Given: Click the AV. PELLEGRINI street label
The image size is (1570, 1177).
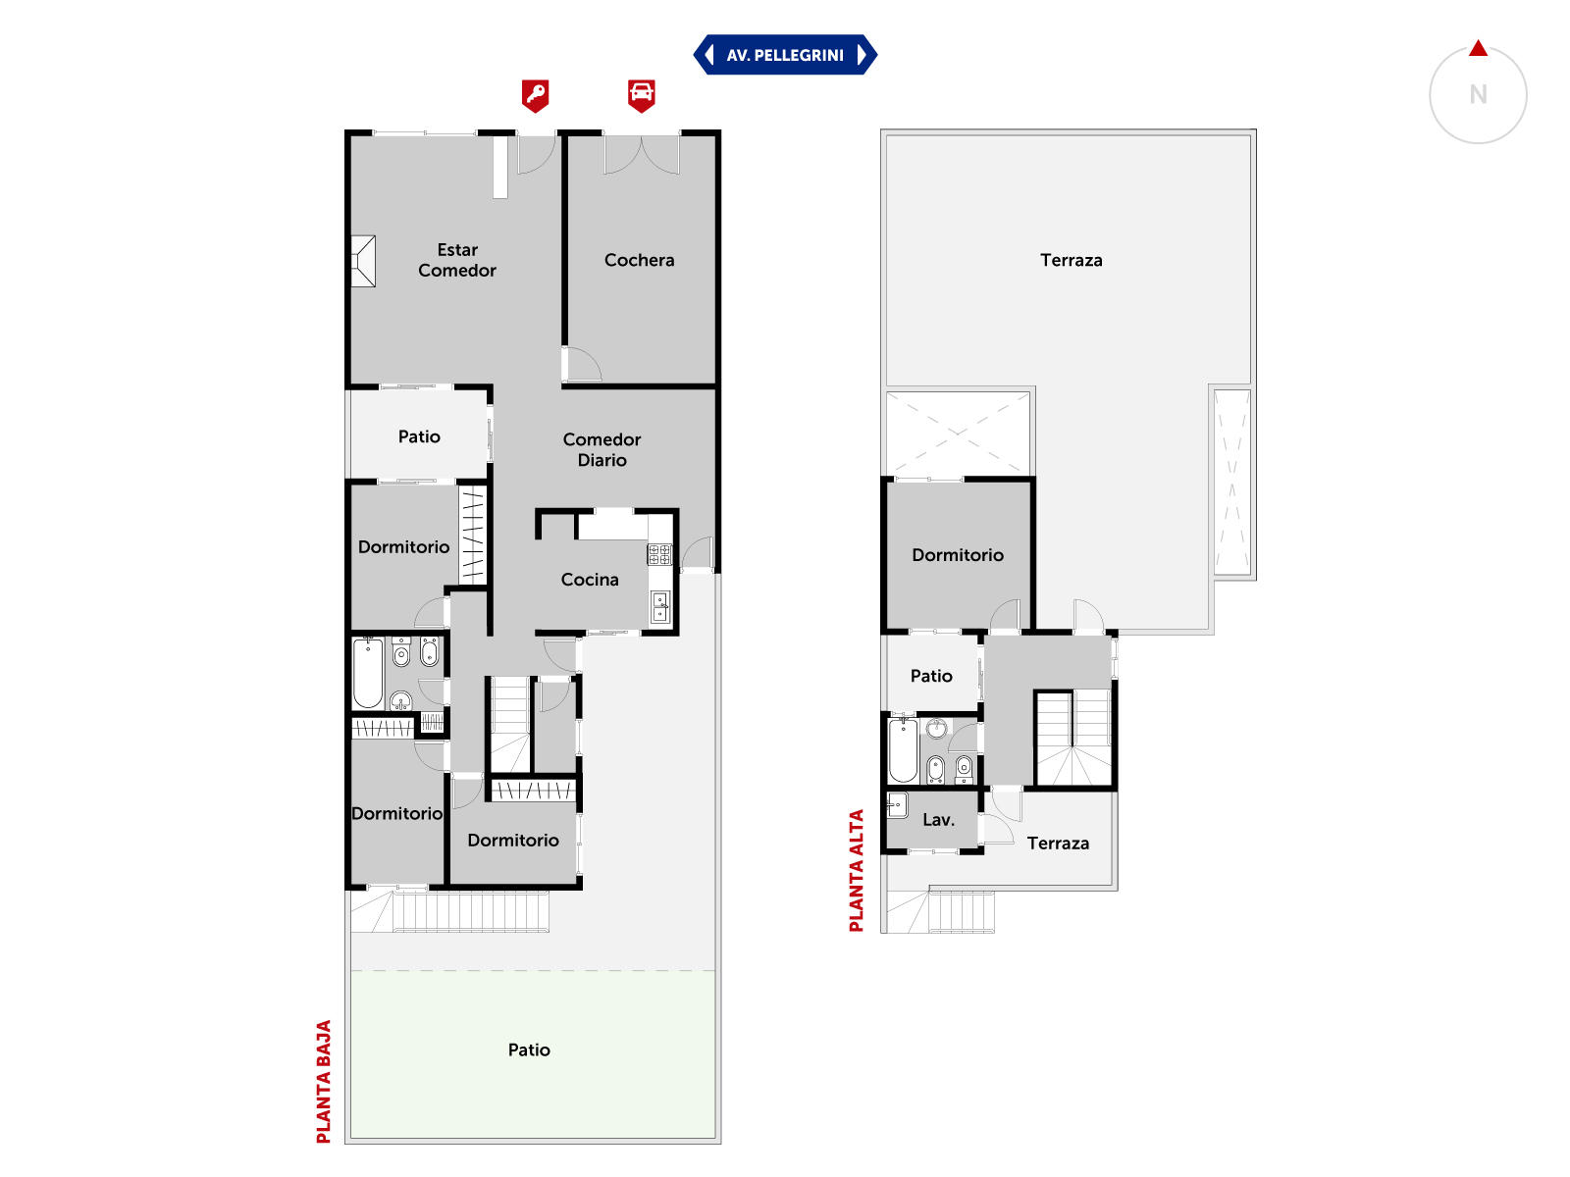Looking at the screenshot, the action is tap(785, 55).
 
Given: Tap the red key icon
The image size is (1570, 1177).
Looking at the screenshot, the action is tap(535, 95).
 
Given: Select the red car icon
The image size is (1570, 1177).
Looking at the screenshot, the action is tap(641, 95).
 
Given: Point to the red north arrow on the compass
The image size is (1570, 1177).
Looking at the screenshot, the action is tap(1478, 49).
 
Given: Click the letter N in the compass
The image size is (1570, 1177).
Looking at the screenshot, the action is tap(1478, 94).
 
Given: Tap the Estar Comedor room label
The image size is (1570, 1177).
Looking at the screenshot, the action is tap(457, 260).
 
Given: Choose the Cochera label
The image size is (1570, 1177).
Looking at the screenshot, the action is tap(640, 260).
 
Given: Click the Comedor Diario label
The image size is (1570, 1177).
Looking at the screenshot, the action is tap(602, 449).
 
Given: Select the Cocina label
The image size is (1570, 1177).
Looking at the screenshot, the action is tap(590, 580).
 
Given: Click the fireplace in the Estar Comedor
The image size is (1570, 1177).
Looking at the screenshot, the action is tap(363, 262).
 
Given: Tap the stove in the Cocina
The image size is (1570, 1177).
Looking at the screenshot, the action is tap(659, 554).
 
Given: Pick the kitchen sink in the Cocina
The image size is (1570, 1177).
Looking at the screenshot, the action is tap(660, 607).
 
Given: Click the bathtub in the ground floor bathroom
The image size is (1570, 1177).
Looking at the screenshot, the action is tap(368, 673).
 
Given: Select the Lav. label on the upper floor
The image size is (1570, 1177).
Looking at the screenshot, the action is tap(938, 820).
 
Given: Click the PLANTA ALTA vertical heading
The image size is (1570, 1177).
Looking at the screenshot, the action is tap(857, 870).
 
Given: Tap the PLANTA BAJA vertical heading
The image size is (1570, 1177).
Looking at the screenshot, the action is tap(323, 1081).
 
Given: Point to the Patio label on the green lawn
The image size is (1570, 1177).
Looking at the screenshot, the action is tap(529, 1049).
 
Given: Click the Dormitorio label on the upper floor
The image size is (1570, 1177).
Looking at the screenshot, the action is tap(958, 555).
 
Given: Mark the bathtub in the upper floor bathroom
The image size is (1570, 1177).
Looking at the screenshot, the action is tap(903, 751).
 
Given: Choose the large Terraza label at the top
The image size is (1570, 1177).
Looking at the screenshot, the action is tap(1072, 260).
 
